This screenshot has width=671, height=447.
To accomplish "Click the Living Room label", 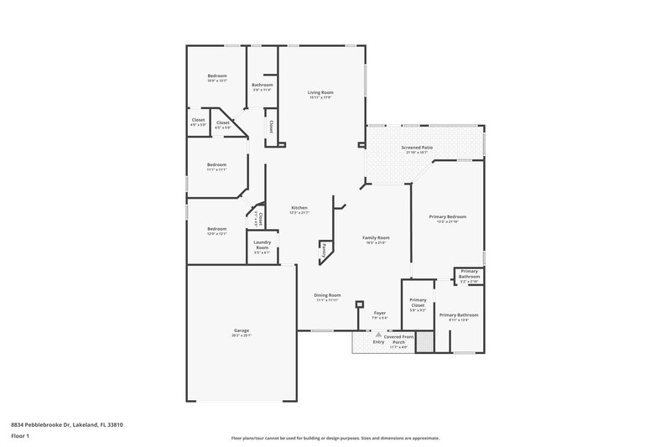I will [320, 92].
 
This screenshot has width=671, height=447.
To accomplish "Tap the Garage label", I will [242, 331].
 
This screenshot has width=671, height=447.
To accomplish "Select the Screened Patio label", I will [417, 148].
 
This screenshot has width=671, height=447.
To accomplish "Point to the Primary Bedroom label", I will [447, 216].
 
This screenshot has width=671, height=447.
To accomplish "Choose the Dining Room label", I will [328, 295].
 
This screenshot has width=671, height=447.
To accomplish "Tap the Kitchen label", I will [299, 208].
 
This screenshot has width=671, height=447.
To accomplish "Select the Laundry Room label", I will [262, 247].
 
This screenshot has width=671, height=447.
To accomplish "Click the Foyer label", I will [379, 313].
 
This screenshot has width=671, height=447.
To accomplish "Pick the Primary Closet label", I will [418, 303].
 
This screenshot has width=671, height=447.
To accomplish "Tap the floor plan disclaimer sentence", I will [335, 437].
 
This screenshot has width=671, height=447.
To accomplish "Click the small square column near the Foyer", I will [359, 304].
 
